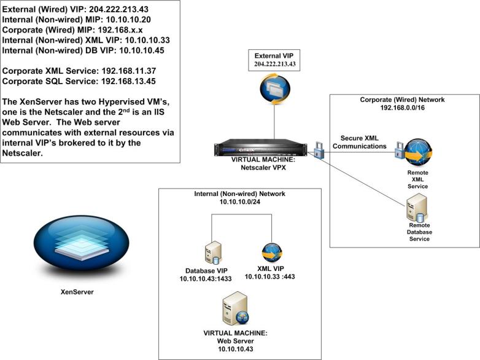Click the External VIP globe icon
pyautogui.click(x=271, y=88)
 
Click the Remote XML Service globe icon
pyautogui.click(x=419, y=154)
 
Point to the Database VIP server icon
pyautogui.click(x=212, y=252)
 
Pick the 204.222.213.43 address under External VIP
pyautogui.click(x=271, y=64)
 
